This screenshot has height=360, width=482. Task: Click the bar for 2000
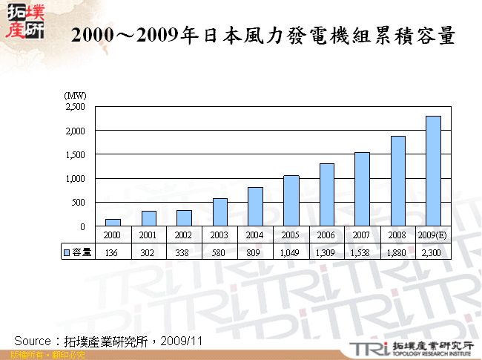113,222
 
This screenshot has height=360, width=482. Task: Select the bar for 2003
219,212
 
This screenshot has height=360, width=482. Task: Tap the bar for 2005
291,201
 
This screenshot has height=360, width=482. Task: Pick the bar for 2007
362,189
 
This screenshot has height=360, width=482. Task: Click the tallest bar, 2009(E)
433,171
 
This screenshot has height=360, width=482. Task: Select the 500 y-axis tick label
79,202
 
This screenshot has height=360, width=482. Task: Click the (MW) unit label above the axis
76,95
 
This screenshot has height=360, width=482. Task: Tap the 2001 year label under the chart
148,235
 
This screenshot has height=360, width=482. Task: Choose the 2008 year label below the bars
397,235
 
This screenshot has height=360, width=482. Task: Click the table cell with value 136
113,252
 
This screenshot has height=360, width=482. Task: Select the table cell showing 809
255,252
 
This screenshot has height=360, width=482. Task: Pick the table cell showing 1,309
326,252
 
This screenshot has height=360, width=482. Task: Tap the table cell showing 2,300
433,252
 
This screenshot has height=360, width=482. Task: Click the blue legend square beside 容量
66,252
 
